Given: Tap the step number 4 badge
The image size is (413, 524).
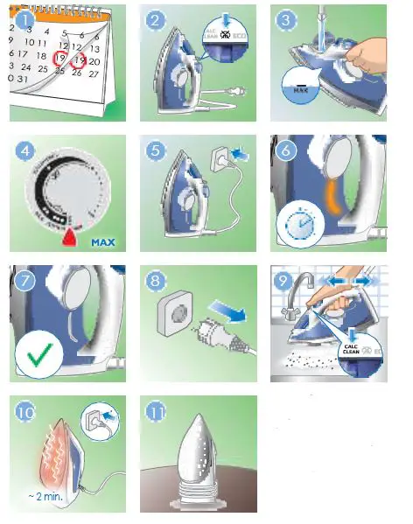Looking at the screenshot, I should pos(26,151).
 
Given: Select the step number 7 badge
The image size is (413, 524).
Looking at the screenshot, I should pos(26,282).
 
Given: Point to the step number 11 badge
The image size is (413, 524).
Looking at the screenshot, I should pos(157,411).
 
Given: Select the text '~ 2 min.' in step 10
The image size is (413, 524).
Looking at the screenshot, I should pos(43,496).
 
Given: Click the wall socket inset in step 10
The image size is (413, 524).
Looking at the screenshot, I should pos(101,421).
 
